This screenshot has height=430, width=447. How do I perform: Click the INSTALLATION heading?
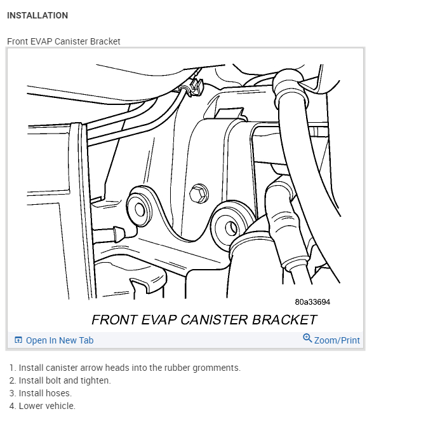point(37,15)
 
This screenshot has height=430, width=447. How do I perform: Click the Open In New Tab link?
point(59,340)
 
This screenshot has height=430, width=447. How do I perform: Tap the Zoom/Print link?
point(337,340)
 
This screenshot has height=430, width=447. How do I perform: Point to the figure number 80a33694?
point(312,302)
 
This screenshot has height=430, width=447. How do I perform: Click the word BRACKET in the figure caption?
point(284,319)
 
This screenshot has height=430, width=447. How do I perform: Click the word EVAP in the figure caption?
point(156,319)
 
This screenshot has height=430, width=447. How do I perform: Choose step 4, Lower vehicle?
point(46,406)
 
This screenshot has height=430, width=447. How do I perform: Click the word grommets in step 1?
point(218,368)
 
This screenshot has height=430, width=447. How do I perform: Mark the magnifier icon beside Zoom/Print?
point(307,338)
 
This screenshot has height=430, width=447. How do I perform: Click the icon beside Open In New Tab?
point(18,340)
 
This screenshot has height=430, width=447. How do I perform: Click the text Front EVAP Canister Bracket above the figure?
point(63,41)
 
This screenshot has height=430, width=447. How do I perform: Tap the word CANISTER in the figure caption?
point(215,319)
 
